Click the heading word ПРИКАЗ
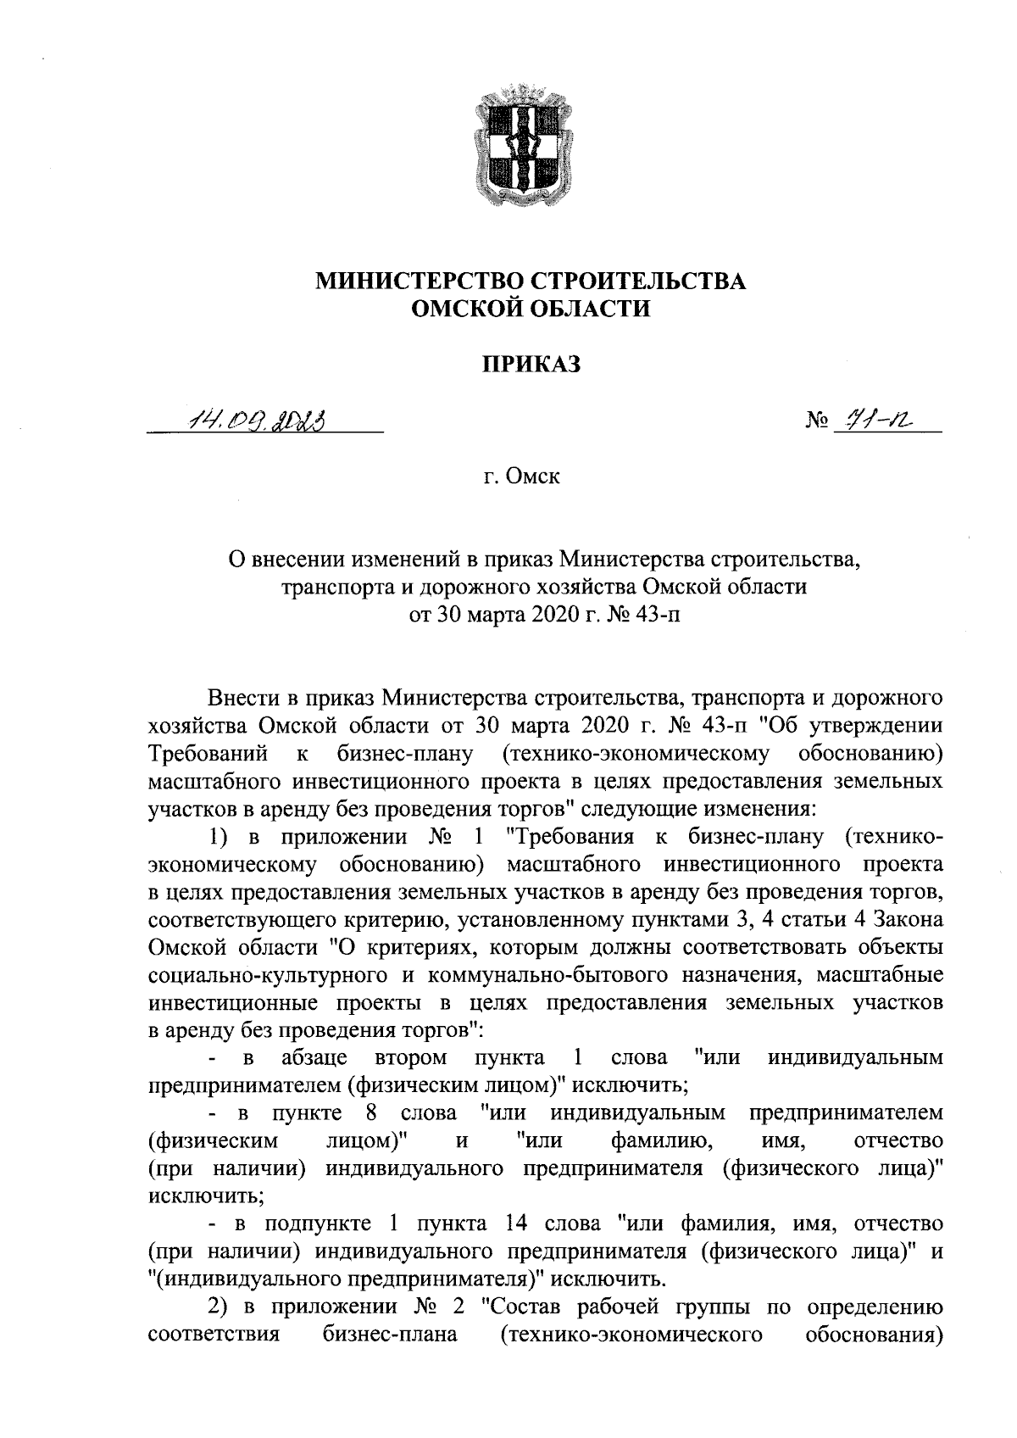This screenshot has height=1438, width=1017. [x=531, y=365]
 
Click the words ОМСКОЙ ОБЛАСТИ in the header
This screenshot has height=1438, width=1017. [x=531, y=309]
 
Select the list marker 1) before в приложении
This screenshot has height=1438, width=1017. [x=220, y=838]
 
